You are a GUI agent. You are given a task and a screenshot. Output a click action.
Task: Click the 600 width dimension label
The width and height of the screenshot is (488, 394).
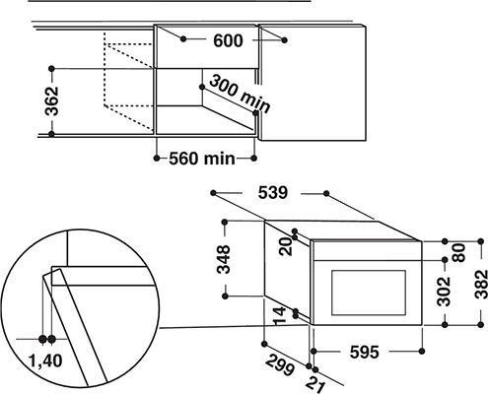[x=228, y=40]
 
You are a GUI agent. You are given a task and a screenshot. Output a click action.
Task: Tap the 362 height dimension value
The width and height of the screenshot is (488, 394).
[x=51, y=101]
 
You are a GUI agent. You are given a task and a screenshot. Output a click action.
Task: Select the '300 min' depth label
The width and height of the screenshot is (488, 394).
[x=240, y=94]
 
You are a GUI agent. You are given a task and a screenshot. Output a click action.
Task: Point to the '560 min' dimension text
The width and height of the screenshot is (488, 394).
[x=202, y=159]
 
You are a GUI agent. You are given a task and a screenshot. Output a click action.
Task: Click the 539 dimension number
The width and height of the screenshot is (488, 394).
[x=273, y=193]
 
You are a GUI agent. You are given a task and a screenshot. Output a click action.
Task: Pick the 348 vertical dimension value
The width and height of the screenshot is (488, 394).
[x=223, y=259]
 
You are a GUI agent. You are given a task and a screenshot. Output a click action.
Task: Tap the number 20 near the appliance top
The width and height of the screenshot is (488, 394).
[x=285, y=246]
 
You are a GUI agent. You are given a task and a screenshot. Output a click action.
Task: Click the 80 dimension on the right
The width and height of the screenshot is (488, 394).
[x=459, y=252]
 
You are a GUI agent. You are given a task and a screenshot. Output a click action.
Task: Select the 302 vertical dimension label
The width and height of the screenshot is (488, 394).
[x=444, y=292]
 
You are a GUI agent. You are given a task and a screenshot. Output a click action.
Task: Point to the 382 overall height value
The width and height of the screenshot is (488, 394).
[x=481, y=284]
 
